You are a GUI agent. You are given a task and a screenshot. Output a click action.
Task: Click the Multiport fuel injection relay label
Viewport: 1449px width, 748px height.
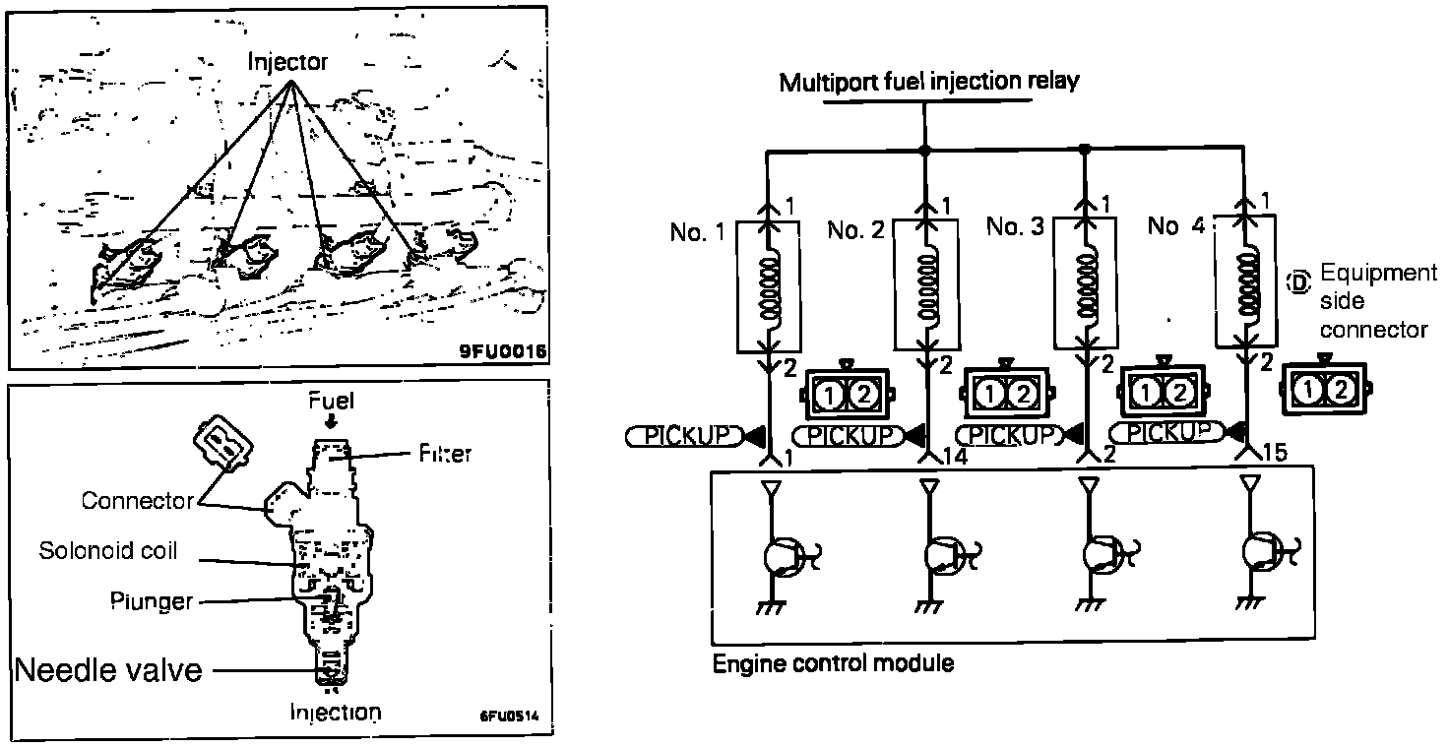pos(928,81)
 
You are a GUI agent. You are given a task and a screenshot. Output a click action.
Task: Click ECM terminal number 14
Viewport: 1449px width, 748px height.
pos(953,457)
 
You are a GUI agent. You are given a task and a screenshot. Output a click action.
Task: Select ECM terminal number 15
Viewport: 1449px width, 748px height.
pos(1273,454)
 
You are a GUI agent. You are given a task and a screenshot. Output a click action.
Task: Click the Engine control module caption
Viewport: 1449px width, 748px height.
pos(833,663)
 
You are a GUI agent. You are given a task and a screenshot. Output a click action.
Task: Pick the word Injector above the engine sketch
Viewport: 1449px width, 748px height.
pos(287,62)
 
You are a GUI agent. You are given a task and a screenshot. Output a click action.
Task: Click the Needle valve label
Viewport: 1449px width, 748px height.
pos(109,670)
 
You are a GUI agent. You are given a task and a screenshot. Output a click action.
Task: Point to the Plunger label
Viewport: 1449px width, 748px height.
pos(152,601)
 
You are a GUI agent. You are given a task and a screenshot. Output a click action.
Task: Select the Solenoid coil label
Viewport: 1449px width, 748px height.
pos(108,550)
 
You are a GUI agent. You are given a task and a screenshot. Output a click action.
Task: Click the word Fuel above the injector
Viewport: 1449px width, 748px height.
pos(331,401)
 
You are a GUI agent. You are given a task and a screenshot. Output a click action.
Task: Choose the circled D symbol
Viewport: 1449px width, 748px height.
pos(1298,282)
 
